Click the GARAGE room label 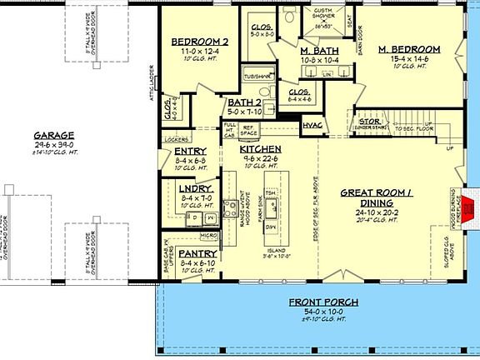click(x=55, y=134)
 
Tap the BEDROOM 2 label click(x=199, y=42)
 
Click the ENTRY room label click(x=190, y=151)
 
